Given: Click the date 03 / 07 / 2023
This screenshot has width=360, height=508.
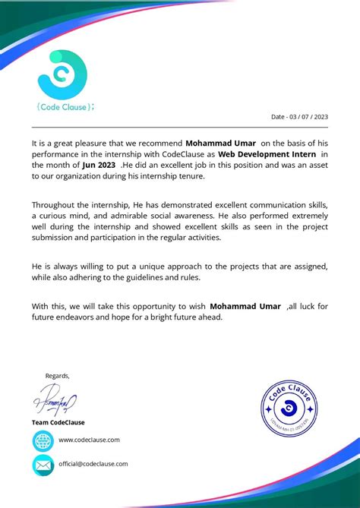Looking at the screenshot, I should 300,117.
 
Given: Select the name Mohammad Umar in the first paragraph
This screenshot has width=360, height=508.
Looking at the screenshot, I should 220,142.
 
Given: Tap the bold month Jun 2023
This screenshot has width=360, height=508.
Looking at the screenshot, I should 99,164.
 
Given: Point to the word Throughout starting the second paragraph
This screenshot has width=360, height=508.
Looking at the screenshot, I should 55,205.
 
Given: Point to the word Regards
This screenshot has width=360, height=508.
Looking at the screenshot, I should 57,375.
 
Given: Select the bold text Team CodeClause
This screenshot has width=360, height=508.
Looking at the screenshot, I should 58,422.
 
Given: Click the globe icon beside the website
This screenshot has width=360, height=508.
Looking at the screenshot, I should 43,440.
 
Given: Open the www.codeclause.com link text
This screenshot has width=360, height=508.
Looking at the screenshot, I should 89,440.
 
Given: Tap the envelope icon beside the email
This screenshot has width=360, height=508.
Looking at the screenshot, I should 43,465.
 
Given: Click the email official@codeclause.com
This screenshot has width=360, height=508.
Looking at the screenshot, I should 93,464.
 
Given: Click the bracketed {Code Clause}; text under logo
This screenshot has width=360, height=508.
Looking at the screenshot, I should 65,106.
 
